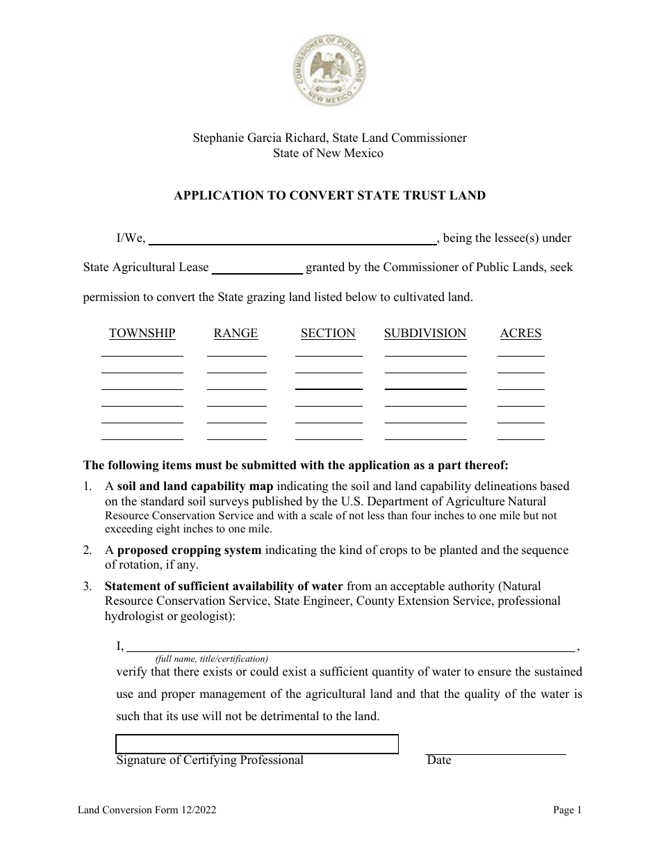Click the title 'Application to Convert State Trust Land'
pos(329,195)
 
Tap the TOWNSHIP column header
pos(142,334)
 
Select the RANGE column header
pos(236,334)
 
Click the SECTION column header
pos(328,334)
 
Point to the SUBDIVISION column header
pos(425,334)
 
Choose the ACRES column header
pos(520,334)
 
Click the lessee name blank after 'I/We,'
pos(292,238)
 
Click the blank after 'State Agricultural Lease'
pos(256,268)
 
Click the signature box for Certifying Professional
pos(256,744)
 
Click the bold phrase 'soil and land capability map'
pos(195,487)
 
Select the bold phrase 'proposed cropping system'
pos(190,551)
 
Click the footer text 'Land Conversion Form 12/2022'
pos(151,810)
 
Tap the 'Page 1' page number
pos(568,810)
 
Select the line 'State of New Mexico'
pos(329,153)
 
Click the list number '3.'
pos(88,587)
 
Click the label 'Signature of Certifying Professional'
pos(210,760)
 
